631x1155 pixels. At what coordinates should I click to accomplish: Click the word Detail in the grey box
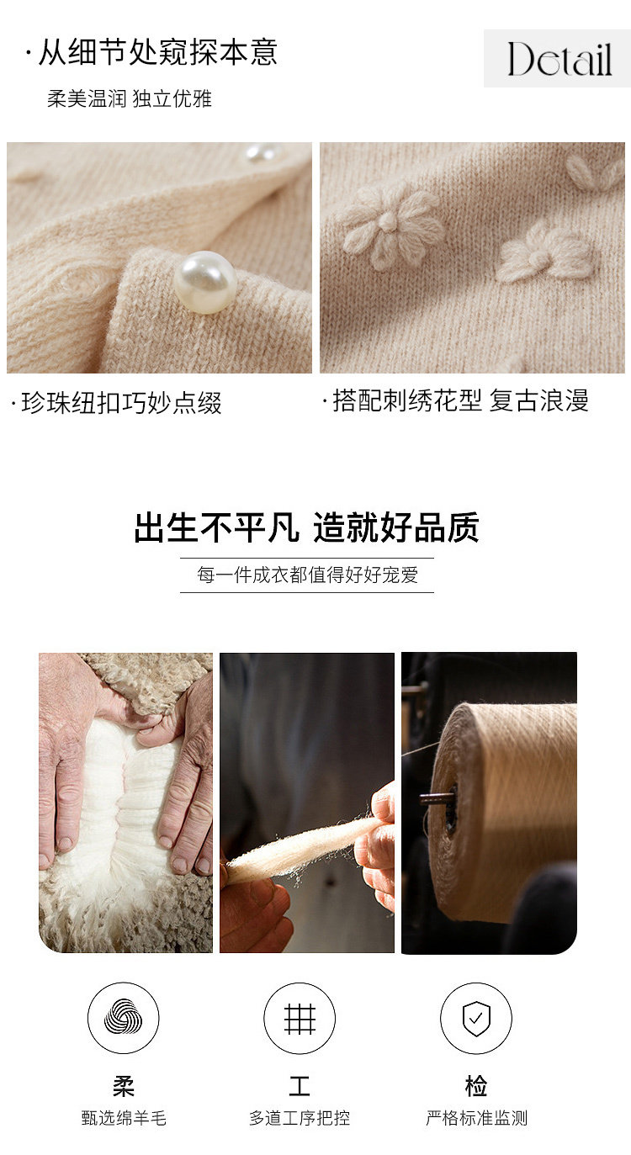point(559,59)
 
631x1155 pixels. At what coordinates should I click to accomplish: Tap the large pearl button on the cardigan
point(205,282)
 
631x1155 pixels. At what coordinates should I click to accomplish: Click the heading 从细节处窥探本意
point(158,53)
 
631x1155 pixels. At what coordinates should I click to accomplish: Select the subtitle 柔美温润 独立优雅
point(130,98)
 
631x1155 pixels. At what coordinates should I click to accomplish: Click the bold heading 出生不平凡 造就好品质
point(307,527)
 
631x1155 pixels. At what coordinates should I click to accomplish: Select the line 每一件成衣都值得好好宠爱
point(307,575)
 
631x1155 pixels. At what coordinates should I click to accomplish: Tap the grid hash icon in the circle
point(300,1019)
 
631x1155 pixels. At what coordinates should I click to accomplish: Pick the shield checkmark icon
point(476,1019)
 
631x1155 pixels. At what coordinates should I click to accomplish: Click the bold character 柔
point(124,1085)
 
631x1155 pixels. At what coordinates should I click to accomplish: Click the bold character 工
point(300,1085)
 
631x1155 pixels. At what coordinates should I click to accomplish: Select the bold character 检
point(476,1085)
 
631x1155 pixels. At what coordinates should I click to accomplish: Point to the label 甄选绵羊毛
point(124,1118)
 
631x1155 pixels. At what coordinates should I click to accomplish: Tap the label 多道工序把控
point(300,1118)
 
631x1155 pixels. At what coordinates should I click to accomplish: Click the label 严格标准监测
point(476,1118)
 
